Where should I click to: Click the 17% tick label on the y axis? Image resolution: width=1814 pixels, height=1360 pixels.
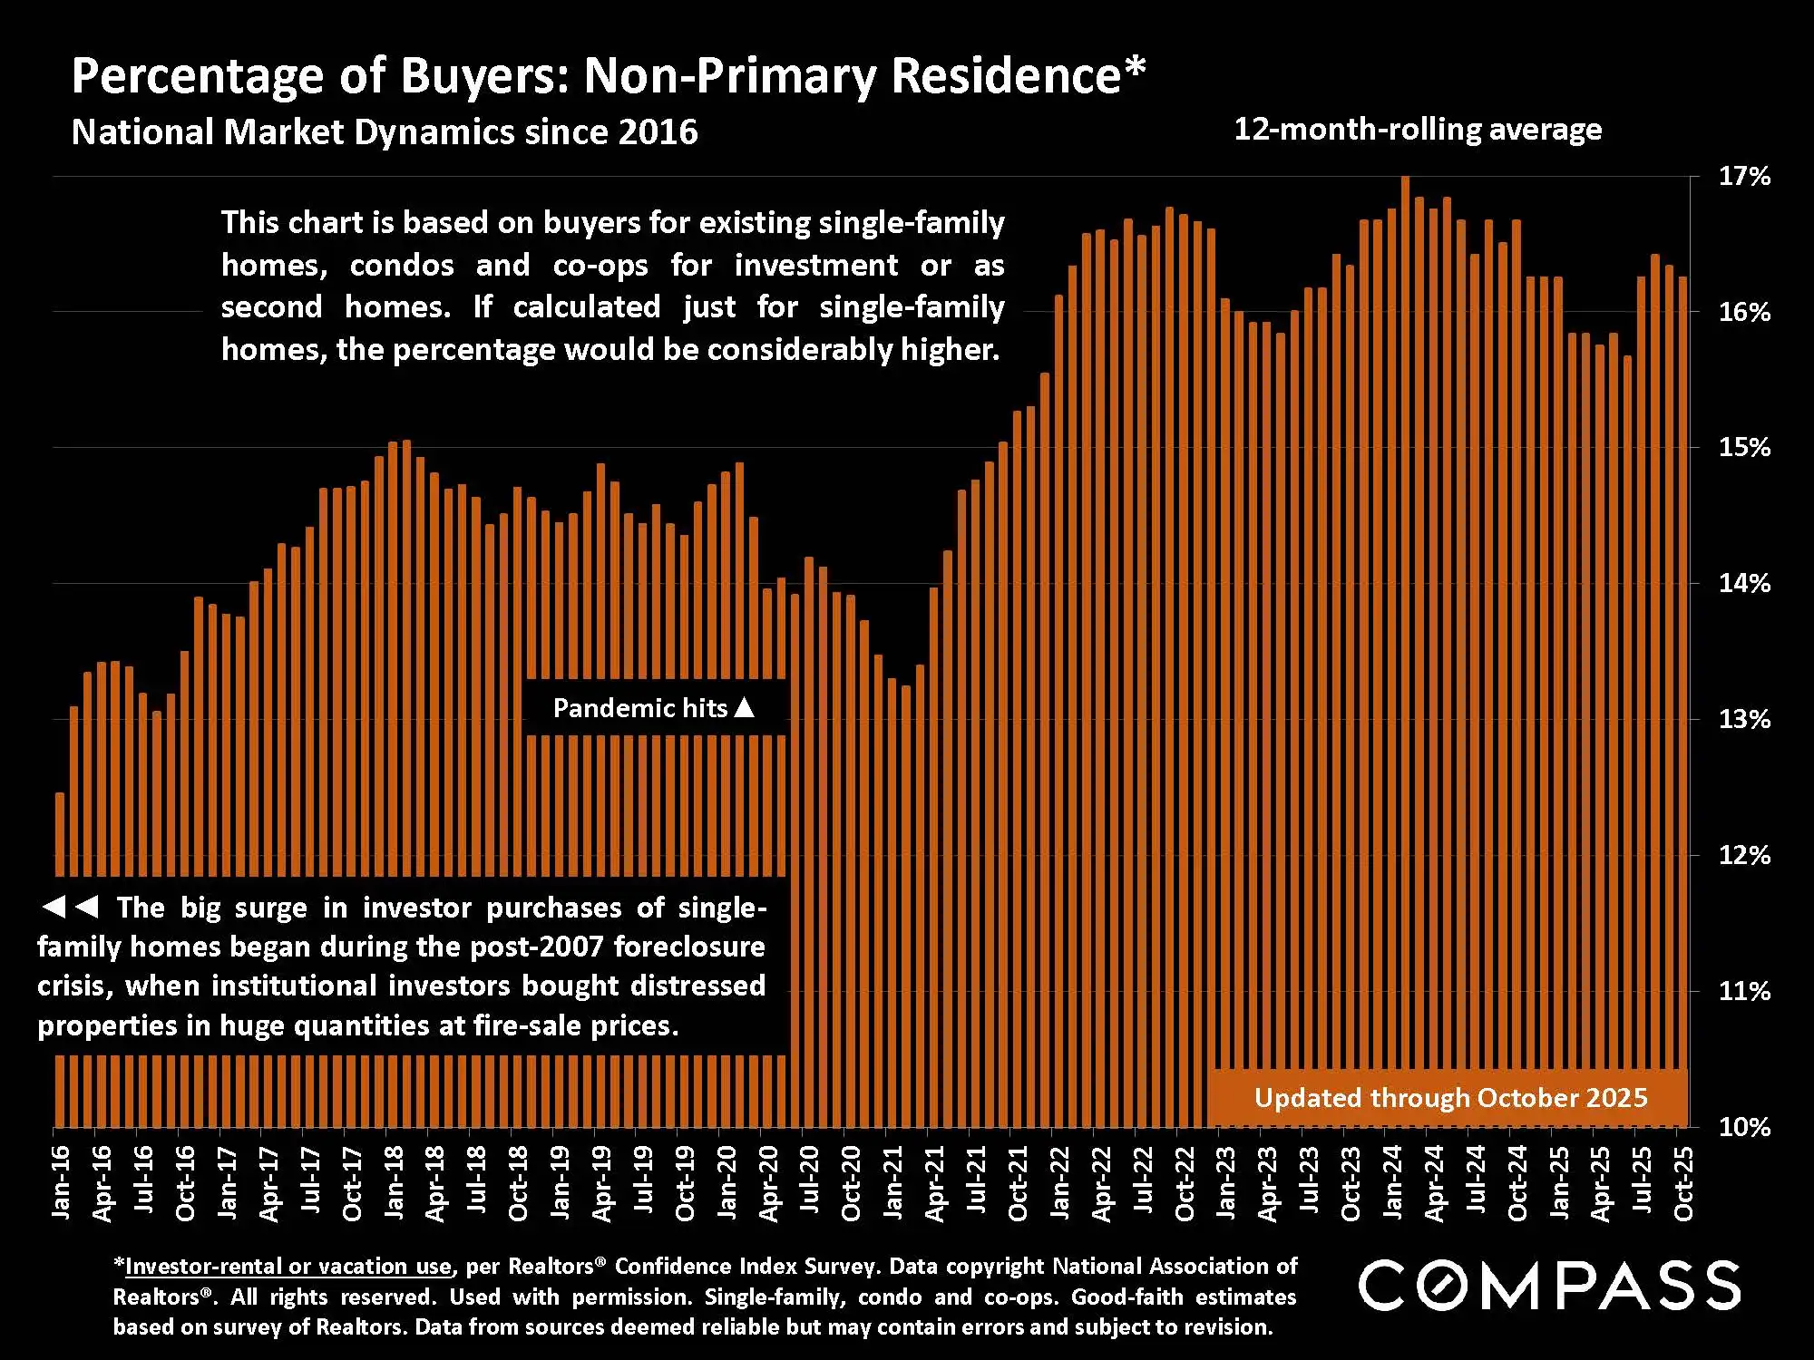pyautogui.click(x=1744, y=176)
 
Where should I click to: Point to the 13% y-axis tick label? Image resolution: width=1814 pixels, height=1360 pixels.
pyautogui.click(x=1744, y=719)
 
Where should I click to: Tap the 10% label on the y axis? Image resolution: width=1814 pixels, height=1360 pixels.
pyautogui.click(x=1744, y=1127)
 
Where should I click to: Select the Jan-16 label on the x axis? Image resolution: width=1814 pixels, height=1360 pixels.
pyautogui.click(x=60, y=1182)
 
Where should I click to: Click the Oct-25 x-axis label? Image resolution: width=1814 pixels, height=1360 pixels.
pyautogui.click(x=1682, y=1184)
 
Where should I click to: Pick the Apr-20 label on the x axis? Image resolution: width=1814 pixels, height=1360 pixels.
pyautogui.click(x=768, y=1183)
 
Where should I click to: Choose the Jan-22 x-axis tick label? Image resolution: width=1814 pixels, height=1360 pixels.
pyautogui.click(x=1059, y=1182)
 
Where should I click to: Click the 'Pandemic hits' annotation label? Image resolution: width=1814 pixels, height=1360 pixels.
pyautogui.click(x=640, y=708)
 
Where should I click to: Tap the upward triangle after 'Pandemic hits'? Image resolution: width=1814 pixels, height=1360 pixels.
pyautogui.click(x=744, y=706)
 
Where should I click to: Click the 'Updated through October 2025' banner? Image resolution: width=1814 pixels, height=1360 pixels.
pyautogui.click(x=1449, y=1098)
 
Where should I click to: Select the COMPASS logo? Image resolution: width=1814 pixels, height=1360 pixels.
pyautogui.click(x=1548, y=1285)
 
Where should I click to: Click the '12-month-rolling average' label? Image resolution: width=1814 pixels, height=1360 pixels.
pyautogui.click(x=1418, y=130)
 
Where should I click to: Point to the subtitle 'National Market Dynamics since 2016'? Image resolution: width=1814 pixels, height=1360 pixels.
pyautogui.click(x=385, y=132)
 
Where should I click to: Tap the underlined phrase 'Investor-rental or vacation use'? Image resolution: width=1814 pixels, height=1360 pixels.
pyautogui.click(x=288, y=1266)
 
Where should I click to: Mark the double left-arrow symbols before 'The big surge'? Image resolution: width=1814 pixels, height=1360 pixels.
pyautogui.click(x=70, y=907)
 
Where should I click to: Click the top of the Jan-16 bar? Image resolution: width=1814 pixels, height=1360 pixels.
pyautogui.click(x=60, y=795)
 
